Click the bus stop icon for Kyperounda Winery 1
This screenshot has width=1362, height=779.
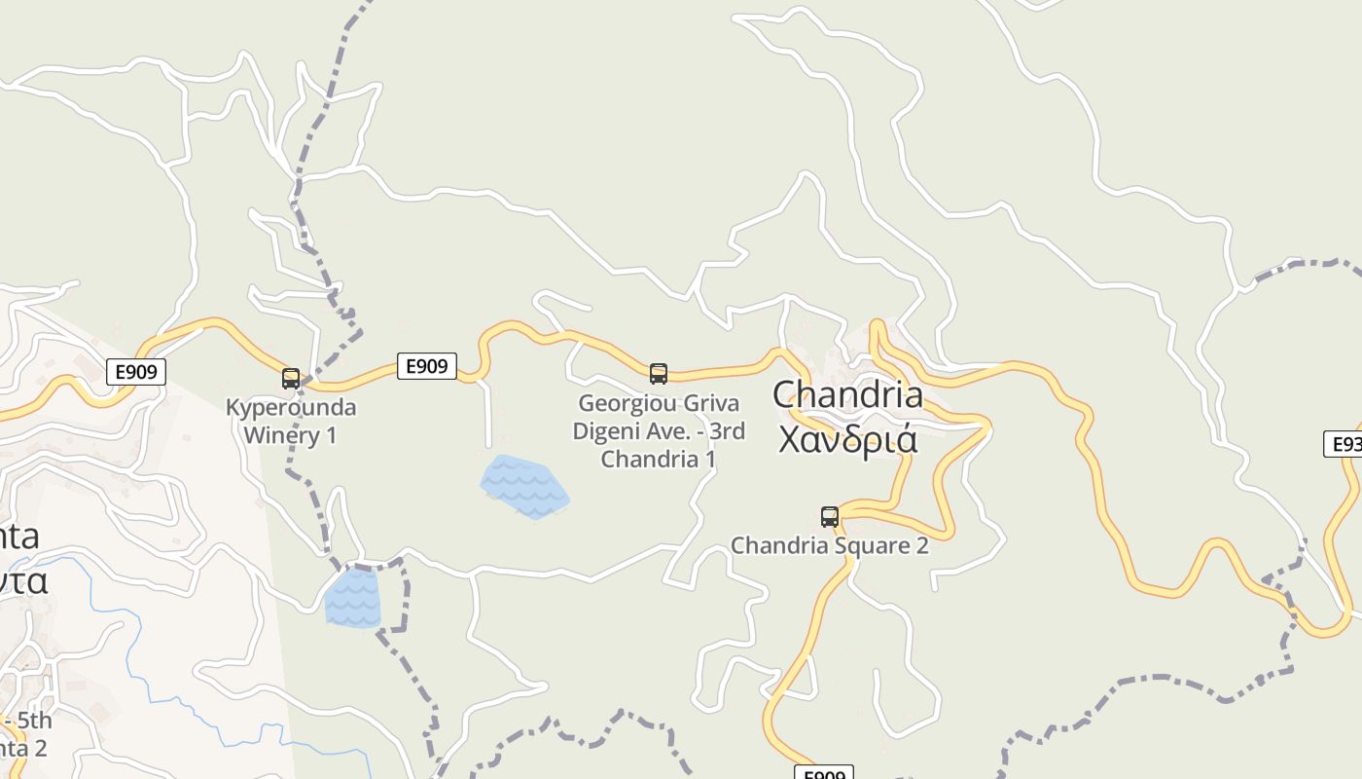coord(291,379)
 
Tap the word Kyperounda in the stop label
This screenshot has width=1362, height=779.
coord(291,407)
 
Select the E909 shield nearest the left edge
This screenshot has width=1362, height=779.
coord(135,371)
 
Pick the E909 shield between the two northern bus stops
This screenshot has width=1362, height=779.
coord(426,366)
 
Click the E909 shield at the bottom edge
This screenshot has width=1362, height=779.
coord(824,773)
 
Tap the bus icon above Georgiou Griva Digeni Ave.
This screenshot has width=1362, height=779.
coord(659,373)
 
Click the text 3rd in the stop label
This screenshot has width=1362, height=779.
coord(726,430)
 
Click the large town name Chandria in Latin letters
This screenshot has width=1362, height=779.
coord(847,394)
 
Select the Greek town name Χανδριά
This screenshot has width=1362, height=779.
coord(847,439)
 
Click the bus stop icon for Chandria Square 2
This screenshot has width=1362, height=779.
coord(830,516)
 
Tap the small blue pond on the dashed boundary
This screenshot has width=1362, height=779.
coord(352,597)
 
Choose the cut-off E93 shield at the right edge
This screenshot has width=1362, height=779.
coord(1344,444)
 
